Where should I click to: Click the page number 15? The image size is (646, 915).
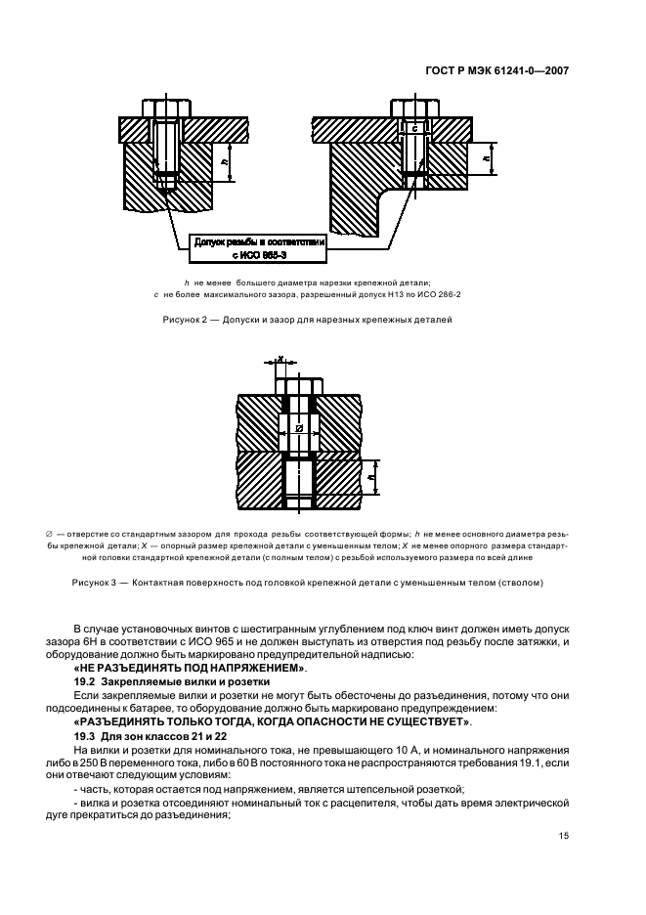click(x=563, y=836)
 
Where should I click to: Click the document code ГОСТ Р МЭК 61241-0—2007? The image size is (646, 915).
click(x=497, y=71)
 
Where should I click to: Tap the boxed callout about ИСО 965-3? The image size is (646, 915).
click(x=257, y=248)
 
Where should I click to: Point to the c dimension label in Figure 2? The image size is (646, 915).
click(x=413, y=128)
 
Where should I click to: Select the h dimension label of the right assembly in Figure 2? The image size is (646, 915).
click(x=486, y=158)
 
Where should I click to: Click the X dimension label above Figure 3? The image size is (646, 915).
click(x=280, y=359)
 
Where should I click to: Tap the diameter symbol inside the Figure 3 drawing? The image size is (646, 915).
click(x=299, y=429)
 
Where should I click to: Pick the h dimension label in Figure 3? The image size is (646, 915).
click(x=370, y=476)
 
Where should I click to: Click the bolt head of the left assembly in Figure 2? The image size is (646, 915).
click(x=167, y=108)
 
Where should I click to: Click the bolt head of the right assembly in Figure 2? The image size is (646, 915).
click(x=415, y=108)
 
